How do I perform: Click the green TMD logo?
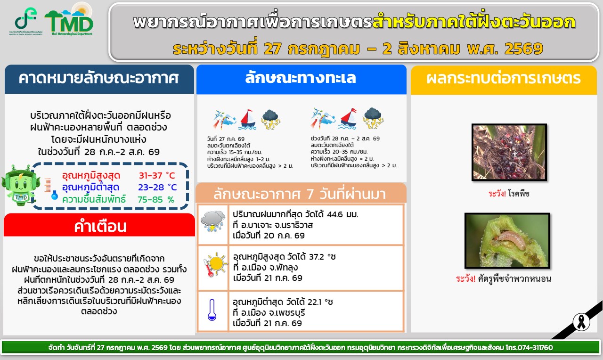point(69,19)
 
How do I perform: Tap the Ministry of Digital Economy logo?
point(26,21)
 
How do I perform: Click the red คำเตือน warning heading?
point(100,227)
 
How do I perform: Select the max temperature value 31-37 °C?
point(157,176)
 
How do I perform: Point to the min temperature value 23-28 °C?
point(157,187)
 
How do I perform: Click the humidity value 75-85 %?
point(156,199)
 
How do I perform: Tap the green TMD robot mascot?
point(20,185)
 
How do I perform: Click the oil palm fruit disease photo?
point(509,152)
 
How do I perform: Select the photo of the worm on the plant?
point(507,241)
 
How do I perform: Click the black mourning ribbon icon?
point(581,322)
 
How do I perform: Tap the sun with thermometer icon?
point(215,264)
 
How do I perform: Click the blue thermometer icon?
point(212,310)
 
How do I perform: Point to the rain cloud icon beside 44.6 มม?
point(213,221)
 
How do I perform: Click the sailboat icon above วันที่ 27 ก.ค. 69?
point(248,119)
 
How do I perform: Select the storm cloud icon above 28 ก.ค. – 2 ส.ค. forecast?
point(373,118)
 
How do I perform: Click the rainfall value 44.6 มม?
point(342,214)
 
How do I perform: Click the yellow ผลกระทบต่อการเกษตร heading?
point(504,78)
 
